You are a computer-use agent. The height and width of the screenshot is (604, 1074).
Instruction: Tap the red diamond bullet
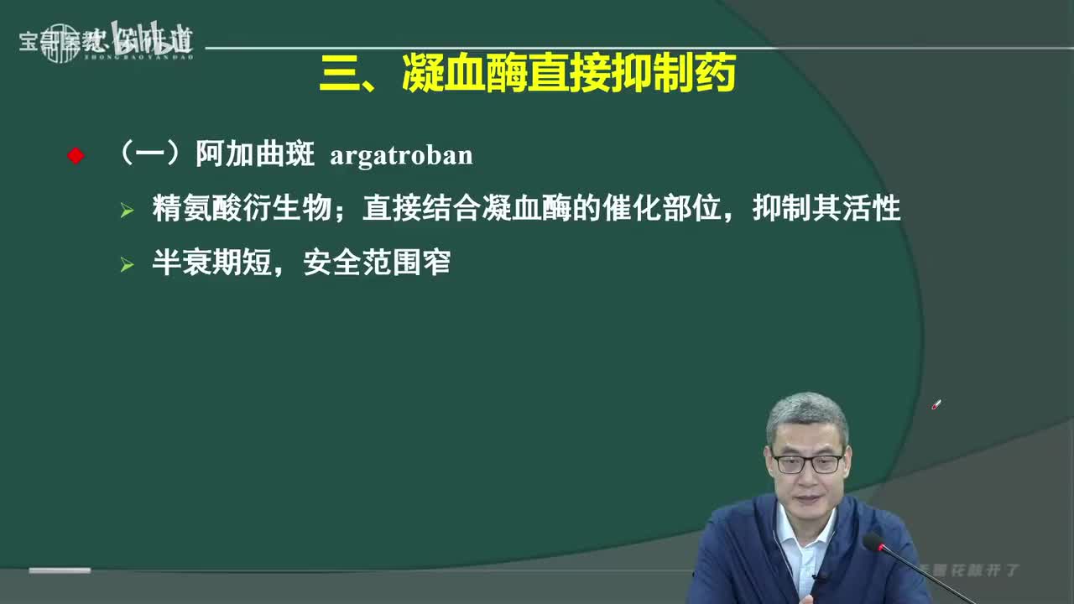pyautogui.click(x=76, y=156)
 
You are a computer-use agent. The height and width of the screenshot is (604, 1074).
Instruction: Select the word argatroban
pyautogui.click(x=401, y=156)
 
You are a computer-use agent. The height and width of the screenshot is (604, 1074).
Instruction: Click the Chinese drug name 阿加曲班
pyautogui.click(x=254, y=155)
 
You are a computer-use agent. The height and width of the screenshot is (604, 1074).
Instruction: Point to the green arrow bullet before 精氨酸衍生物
pyautogui.click(x=128, y=210)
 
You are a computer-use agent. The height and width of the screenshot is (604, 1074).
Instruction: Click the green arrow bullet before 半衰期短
pyautogui.click(x=128, y=264)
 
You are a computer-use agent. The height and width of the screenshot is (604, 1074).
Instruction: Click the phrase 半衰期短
pyautogui.click(x=211, y=263)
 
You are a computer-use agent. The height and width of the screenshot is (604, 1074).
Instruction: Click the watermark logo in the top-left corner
pyautogui.click(x=106, y=41)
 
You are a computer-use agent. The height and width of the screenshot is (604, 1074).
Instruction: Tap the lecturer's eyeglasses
pyautogui.click(x=806, y=463)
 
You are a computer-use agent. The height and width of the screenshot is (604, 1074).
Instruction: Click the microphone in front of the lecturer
pyautogui.click(x=876, y=544)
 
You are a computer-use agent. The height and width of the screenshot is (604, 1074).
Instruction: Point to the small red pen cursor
pyautogui.click(x=936, y=405)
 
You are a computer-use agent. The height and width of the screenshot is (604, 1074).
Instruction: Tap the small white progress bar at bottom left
pyautogui.click(x=60, y=570)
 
